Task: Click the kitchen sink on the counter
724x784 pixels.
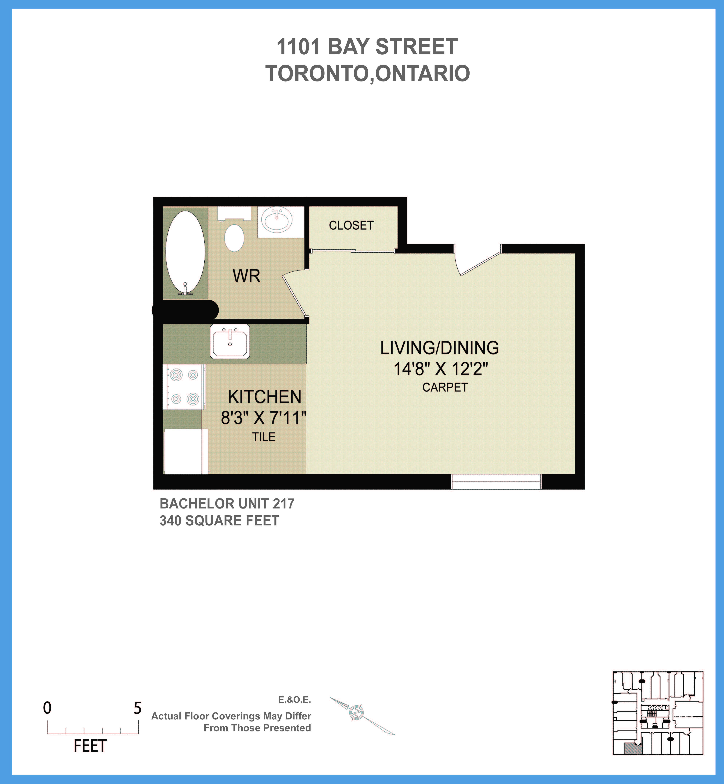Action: coord(230,341)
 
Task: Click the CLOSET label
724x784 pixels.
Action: coord(351,225)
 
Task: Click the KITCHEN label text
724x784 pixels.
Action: coord(264,397)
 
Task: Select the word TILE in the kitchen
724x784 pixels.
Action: coord(264,437)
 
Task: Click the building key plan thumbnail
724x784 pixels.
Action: coord(658,713)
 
